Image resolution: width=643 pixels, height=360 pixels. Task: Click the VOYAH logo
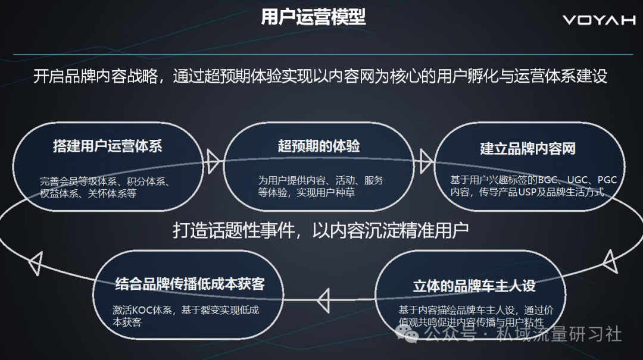point(599,20)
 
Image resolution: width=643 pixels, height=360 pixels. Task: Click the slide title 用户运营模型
point(313,17)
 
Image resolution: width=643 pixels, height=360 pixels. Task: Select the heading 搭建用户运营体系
point(107,146)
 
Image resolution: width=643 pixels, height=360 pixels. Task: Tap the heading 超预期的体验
point(319,146)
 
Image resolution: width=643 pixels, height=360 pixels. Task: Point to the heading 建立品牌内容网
point(527,148)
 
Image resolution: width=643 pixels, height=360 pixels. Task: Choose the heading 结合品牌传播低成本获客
point(190,284)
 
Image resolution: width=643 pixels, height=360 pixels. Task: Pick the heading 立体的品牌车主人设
point(474,286)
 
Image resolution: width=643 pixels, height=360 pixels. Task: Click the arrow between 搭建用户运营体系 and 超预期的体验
point(213,161)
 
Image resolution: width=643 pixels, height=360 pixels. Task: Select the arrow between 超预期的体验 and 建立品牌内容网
point(425,161)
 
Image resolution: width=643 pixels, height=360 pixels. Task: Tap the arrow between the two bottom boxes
point(324,300)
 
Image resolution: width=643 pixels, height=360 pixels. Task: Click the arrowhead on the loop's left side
point(36,263)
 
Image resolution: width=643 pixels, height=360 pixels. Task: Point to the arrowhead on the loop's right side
point(610,261)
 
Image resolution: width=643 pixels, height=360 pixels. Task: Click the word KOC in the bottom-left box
point(141,310)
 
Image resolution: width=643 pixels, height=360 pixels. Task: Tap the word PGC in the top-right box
point(607,180)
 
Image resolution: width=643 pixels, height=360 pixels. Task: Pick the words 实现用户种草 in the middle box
point(326,192)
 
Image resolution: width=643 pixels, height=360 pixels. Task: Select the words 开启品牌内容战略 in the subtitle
point(95,76)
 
